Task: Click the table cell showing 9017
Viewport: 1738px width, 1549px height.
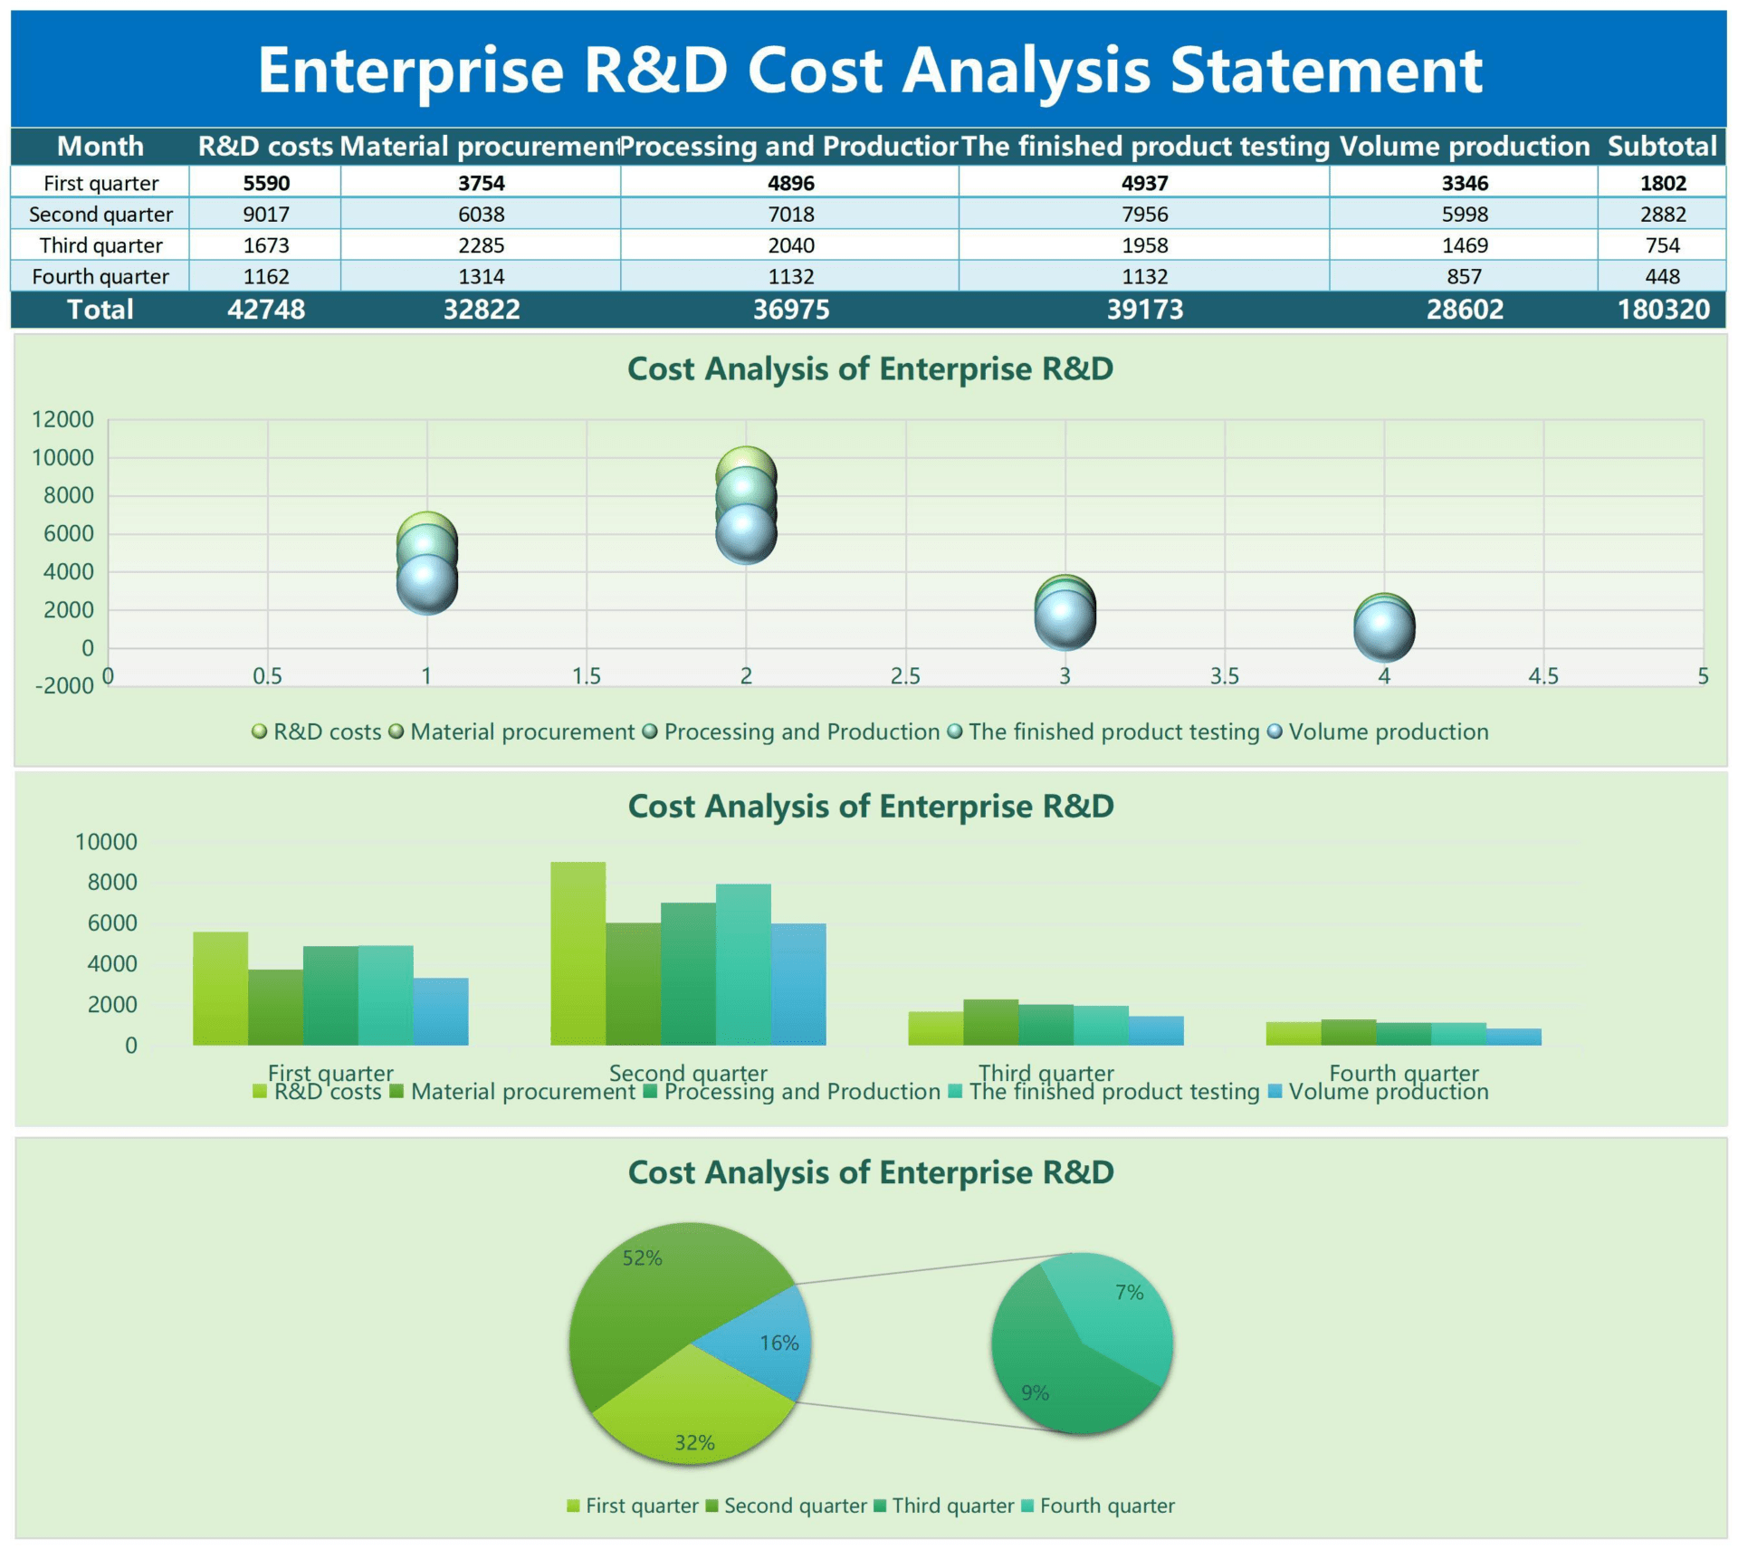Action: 266,215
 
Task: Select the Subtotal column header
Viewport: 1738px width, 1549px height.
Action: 1661,147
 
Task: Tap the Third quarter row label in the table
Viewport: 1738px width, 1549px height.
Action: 100,245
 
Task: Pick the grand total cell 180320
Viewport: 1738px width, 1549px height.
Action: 1663,310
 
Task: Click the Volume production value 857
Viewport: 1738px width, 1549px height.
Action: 1464,276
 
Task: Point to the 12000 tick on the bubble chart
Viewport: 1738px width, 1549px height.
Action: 62,419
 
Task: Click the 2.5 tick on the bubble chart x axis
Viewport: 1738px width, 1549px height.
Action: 904,676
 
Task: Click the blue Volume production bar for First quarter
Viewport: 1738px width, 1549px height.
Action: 441,1011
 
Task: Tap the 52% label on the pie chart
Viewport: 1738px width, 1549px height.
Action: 642,1257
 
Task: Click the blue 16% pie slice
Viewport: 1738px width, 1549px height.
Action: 769,1340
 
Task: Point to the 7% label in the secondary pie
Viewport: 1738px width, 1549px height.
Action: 1129,1292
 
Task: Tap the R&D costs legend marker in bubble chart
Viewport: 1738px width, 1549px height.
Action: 260,731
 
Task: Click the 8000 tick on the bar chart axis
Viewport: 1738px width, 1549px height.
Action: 112,882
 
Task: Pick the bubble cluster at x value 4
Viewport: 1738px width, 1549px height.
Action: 1383,626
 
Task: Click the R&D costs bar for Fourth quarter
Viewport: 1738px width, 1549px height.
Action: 1293,1033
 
